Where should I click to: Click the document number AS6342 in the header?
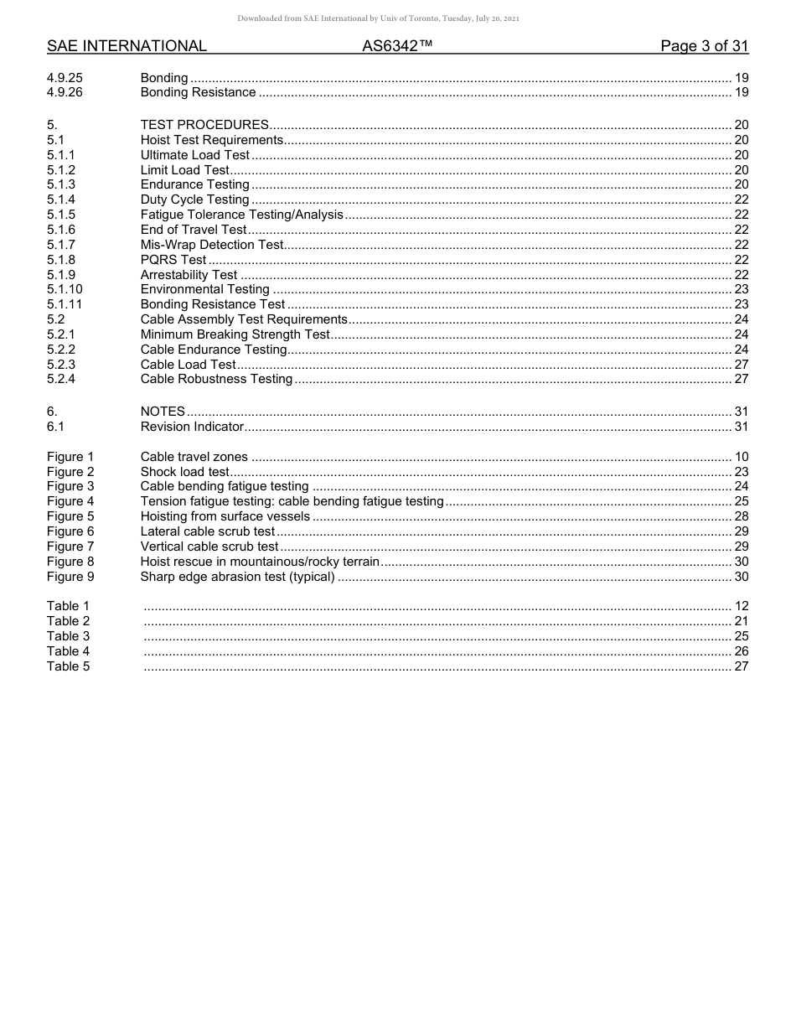[397, 46]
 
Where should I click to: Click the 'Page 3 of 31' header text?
[704, 46]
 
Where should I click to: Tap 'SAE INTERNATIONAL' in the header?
[127, 46]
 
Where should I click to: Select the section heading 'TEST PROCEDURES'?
[204, 125]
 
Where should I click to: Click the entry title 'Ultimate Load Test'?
[195, 155]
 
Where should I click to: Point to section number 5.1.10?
[65, 289]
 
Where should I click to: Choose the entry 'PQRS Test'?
[173, 260]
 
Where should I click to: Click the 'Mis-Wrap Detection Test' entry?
[212, 245]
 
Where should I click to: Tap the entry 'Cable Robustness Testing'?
[216, 379]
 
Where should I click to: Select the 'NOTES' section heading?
[163, 412]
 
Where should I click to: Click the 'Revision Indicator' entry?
[192, 427]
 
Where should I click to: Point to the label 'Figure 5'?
[70, 516]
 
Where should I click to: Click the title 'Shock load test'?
[184, 472]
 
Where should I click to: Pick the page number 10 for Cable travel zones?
[741, 457]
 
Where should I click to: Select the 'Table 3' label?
[68, 636]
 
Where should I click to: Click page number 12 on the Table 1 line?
[741, 606]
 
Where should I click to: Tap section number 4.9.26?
[65, 92]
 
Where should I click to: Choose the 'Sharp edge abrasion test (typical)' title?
[237, 577]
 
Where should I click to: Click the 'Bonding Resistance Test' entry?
[213, 304]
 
